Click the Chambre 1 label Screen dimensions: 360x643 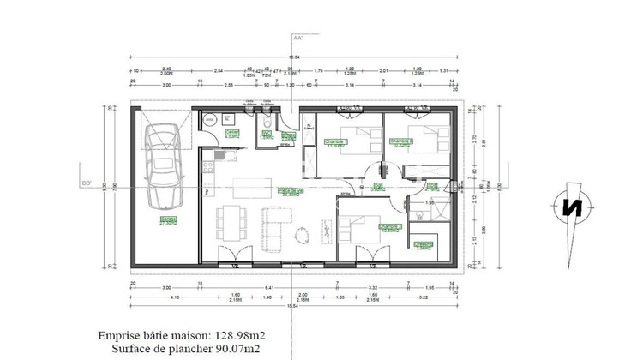pos(334,143)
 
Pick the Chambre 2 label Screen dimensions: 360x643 pos(400,142)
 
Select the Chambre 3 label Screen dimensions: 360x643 pos(390,228)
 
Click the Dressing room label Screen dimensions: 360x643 pos(423,245)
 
